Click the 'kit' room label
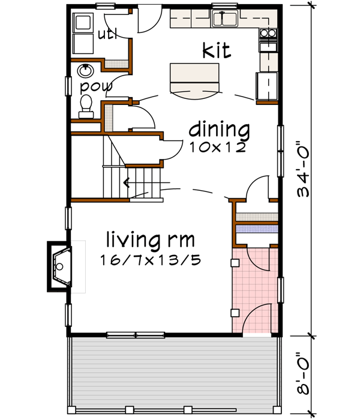pos(217,52)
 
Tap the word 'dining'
pos(219,129)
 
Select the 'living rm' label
pos(150,241)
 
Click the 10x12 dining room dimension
pos(217,147)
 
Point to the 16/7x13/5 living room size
pos(150,261)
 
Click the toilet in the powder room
pos(86,106)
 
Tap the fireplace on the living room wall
pos(60,266)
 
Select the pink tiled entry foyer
pos(255,288)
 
